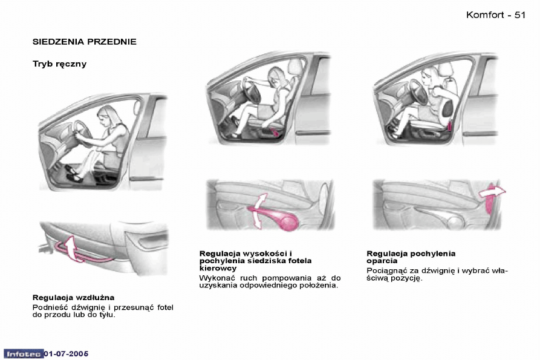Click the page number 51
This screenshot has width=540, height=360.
point(519,15)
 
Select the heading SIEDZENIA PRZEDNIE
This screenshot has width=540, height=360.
point(85,42)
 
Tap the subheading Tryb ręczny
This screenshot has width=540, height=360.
point(60,64)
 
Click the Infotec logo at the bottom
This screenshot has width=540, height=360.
point(24,354)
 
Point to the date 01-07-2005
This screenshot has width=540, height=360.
point(66,354)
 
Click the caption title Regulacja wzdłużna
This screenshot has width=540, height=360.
point(73,298)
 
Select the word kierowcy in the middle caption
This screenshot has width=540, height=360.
point(218,268)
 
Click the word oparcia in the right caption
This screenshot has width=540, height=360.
point(382,261)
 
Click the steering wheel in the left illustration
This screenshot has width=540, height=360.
point(81,133)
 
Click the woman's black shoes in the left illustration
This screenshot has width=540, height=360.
point(73,173)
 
